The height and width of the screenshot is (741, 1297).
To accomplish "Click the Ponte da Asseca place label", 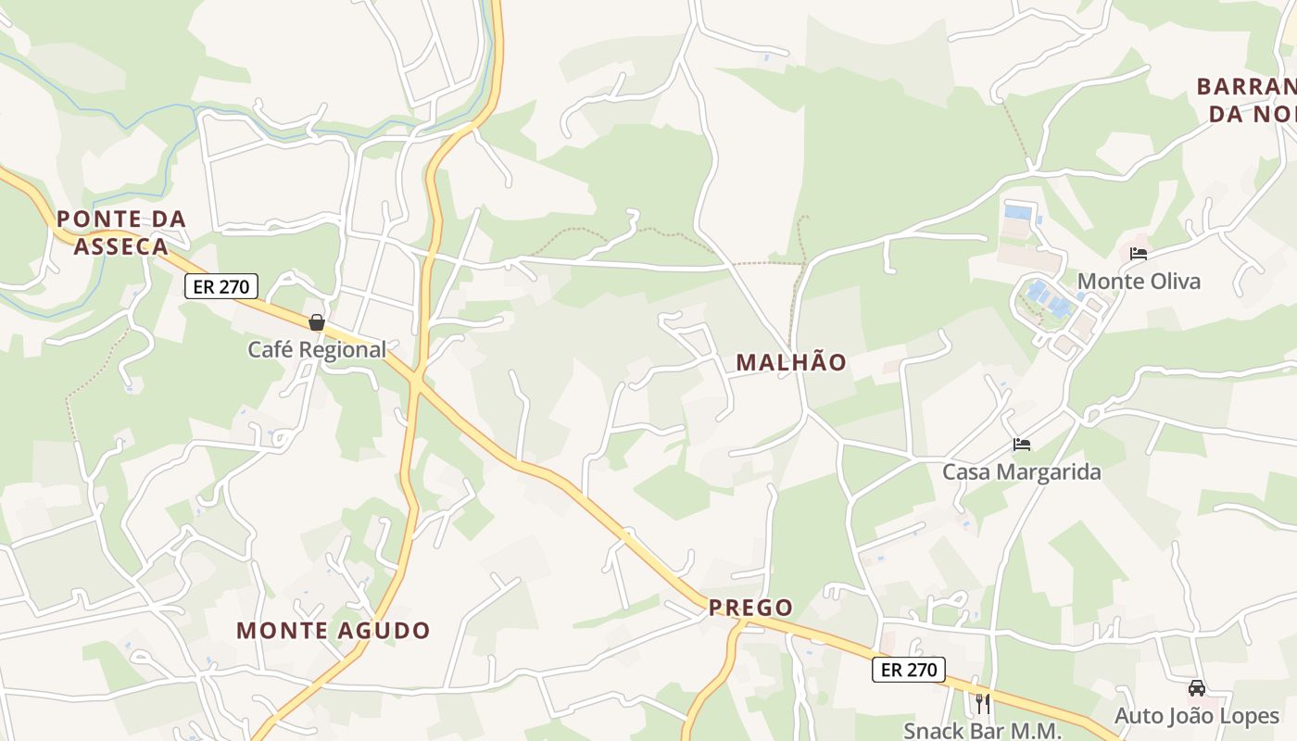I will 121,232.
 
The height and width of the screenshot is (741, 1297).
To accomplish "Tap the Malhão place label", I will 791,362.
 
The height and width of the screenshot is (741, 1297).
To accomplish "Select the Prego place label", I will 750,608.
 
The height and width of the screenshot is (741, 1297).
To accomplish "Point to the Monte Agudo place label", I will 334,631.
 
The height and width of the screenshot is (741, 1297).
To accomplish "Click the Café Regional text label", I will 317,349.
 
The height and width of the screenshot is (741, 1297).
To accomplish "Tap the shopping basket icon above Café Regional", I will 317,322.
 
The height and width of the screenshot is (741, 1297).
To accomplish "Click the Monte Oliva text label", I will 1139,282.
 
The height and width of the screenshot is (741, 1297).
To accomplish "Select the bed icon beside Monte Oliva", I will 1139,254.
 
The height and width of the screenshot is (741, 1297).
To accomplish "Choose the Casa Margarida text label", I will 1022,472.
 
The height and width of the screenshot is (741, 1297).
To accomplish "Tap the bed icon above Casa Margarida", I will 1022,445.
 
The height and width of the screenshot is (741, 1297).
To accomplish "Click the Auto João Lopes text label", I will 1197,716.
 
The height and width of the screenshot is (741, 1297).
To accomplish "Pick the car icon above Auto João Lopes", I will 1197,688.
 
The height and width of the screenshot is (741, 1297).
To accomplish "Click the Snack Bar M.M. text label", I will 982,730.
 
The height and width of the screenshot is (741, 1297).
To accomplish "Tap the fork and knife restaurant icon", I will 982,704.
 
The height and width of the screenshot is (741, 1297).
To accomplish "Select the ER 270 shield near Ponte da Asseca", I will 221,286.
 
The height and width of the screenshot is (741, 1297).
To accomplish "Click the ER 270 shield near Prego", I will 909,670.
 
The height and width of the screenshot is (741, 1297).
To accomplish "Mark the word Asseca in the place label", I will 121,246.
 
